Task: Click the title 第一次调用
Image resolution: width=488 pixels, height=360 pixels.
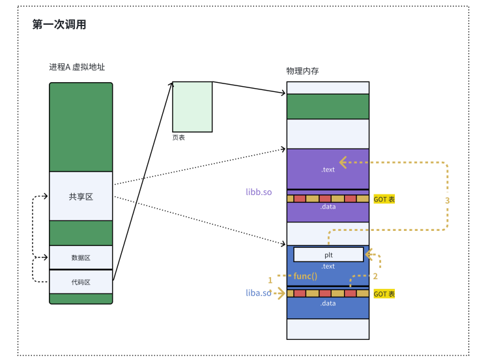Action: click(x=59, y=25)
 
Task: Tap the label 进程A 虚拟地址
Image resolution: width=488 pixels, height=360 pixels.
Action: click(x=77, y=67)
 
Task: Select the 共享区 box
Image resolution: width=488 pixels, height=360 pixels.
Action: click(x=81, y=196)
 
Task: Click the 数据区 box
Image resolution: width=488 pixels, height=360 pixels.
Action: click(x=81, y=257)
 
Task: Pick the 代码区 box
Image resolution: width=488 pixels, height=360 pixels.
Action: click(x=81, y=282)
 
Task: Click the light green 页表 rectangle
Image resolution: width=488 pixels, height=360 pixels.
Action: click(x=192, y=106)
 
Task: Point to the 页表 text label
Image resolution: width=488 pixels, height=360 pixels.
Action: click(x=179, y=138)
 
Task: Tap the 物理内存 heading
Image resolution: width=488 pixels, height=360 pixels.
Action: click(x=302, y=70)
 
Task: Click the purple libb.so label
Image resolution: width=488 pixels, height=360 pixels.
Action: click(x=259, y=192)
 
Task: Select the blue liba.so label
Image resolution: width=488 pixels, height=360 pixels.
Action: click(x=258, y=293)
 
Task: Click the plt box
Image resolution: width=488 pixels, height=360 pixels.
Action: click(x=328, y=254)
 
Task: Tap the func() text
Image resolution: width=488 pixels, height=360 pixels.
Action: click(x=305, y=276)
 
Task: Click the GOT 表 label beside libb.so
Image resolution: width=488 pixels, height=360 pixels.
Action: click(x=384, y=199)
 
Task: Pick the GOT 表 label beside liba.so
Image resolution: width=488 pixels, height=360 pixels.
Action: click(x=384, y=294)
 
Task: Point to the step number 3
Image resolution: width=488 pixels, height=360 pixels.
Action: click(x=447, y=200)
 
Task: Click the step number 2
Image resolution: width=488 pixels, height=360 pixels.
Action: click(x=375, y=276)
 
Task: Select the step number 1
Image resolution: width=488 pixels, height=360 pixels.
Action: click(x=270, y=280)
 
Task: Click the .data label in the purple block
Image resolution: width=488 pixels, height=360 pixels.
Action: click(x=328, y=207)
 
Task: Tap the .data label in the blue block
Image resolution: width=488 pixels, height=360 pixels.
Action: click(x=328, y=303)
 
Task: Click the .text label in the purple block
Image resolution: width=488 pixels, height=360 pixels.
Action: click(x=328, y=170)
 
